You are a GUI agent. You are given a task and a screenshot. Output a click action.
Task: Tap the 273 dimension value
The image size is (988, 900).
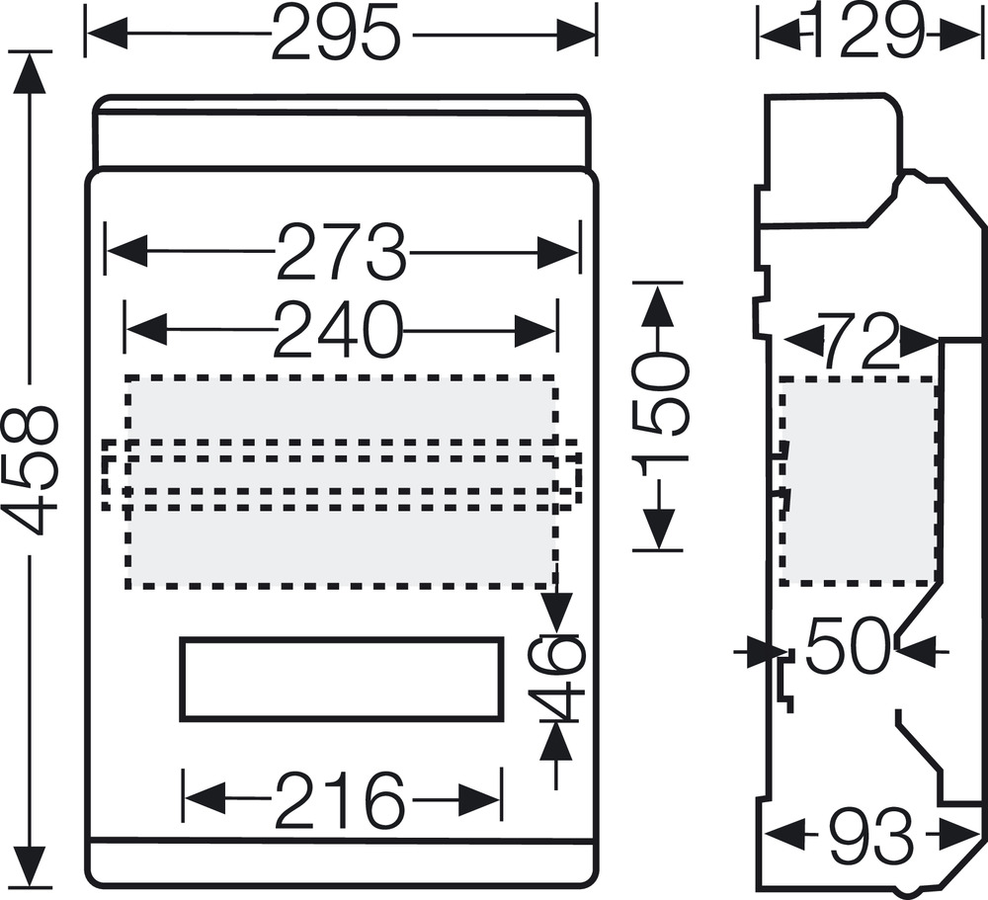340,253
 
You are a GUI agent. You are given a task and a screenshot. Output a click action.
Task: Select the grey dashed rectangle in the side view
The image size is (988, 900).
859,480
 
